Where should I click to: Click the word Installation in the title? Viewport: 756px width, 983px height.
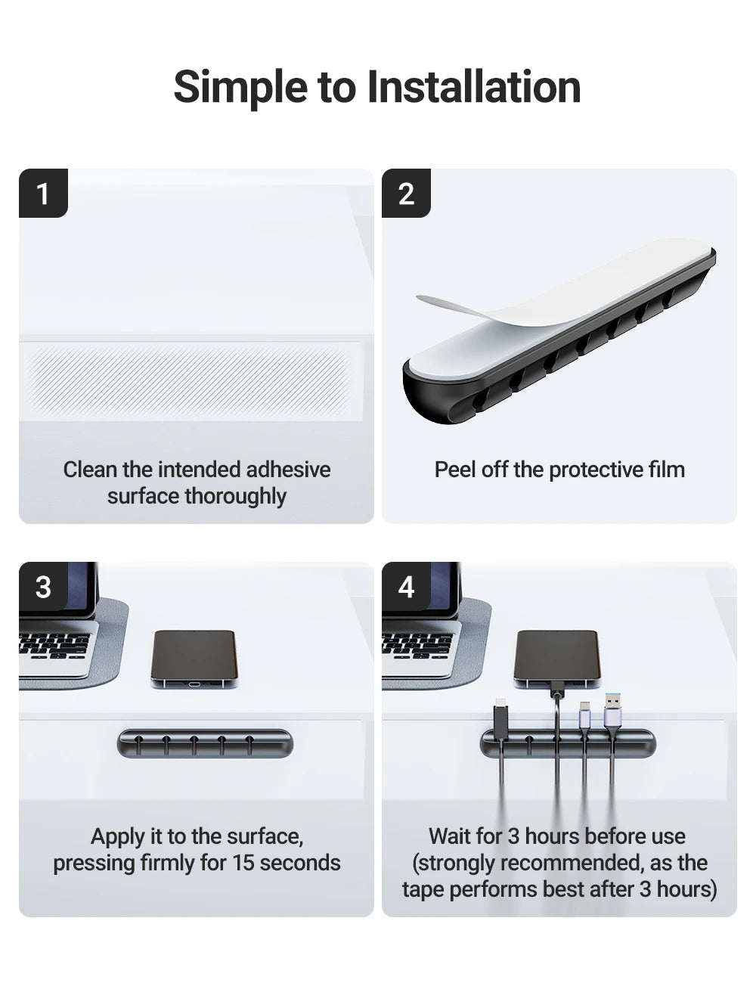(x=474, y=87)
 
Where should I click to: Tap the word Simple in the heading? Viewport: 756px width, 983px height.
(x=242, y=87)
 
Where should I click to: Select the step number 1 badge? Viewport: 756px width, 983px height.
(x=43, y=194)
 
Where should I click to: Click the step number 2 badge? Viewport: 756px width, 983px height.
(x=406, y=194)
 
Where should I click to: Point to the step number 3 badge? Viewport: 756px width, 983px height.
(x=43, y=587)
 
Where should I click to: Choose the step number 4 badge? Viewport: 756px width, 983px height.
(x=406, y=587)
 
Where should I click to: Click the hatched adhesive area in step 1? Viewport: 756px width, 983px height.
(x=189, y=380)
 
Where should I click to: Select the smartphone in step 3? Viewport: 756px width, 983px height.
(x=194, y=656)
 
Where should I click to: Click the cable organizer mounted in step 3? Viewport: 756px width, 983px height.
(x=205, y=744)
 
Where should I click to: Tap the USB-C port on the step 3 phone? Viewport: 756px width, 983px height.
(x=194, y=684)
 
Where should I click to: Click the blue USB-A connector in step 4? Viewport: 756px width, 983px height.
(x=612, y=711)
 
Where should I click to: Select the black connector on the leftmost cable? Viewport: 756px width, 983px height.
(x=500, y=715)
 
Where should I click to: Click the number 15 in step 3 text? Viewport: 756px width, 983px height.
(x=243, y=863)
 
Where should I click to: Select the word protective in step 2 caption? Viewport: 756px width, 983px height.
(x=586, y=470)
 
